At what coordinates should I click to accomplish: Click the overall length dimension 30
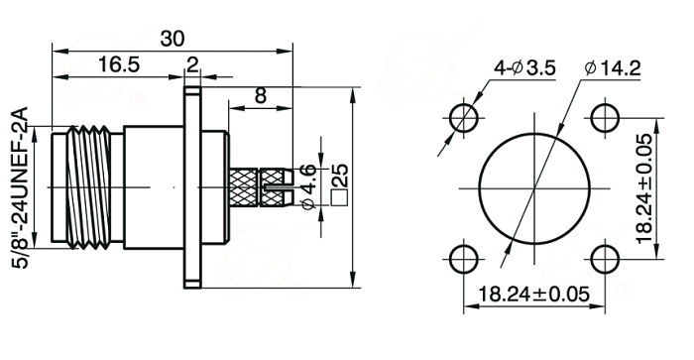click(173, 39)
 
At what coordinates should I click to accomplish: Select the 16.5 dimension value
click(118, 64)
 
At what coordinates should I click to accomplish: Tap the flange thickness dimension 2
click(192, 65)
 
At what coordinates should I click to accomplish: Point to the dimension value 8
click(261, 95)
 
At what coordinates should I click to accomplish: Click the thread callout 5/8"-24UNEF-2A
click(21, 187)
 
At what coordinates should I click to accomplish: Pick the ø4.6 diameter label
click(307, 186)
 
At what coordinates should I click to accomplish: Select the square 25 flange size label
click(339, 184)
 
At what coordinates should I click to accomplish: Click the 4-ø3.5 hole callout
click(524, 68)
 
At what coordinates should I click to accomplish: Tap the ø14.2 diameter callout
click(613, 68)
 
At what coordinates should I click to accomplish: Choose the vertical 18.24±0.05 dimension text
click(644, 188)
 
